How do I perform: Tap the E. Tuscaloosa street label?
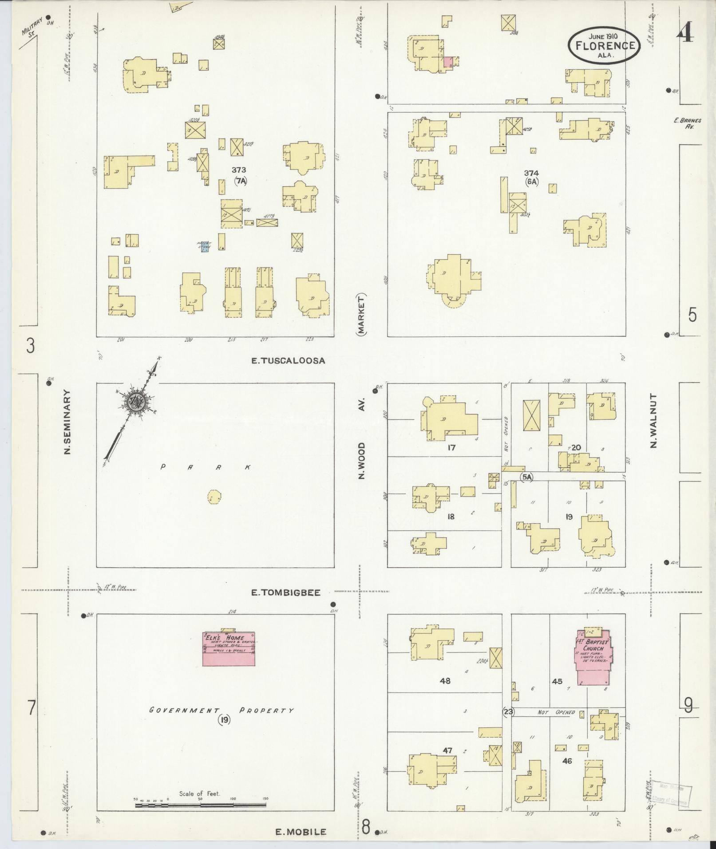(288, 360)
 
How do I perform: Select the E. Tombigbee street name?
(285, 592)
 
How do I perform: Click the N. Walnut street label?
(653, 420)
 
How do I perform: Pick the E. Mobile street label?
(301, 832)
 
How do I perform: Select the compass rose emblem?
(135, 402)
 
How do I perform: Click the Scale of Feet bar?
(200, 804)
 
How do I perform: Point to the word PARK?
(206, 467)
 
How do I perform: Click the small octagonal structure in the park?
(214, 497)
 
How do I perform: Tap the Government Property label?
(221, 710)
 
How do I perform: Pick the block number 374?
(531, 173)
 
